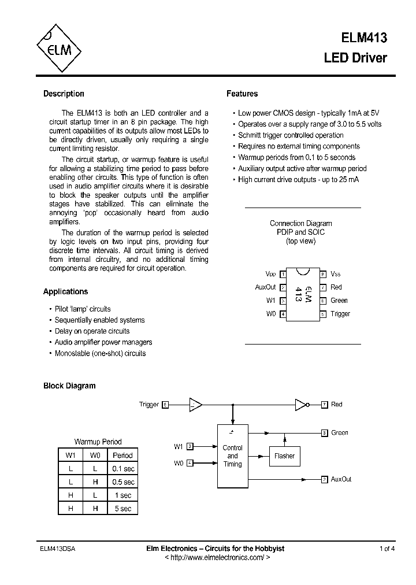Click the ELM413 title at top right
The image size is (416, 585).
point(363,38)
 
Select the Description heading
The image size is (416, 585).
point(64,94)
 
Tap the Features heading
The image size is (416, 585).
point(242,94)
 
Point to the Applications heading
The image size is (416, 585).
point(65,292)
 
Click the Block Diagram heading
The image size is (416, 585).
point(69,386)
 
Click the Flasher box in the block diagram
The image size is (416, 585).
point(284,456)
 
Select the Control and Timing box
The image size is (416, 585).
point(232,456)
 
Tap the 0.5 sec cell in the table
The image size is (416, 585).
point(122,482)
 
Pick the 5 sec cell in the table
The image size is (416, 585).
point(122,509)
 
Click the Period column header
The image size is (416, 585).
point(122,455)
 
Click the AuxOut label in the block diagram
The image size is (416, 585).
point(341,479)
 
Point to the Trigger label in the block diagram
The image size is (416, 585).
point(148,405)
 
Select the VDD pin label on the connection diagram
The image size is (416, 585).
point(270,273)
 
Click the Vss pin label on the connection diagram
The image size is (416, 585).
point(336,273)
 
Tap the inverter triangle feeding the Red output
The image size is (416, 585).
point(301,405)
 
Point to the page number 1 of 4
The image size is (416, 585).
point(387,549)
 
